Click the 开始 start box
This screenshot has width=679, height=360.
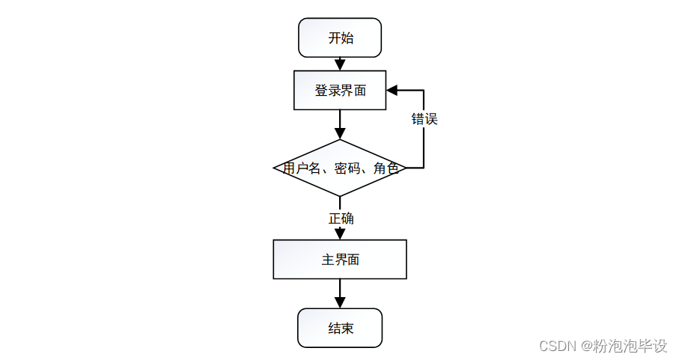[340, 38]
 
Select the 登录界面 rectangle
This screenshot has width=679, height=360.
[340, 91]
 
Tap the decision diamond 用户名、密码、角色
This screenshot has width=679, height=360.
[340, 168]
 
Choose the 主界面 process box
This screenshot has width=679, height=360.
[340, 260]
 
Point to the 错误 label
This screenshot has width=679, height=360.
[424, 119]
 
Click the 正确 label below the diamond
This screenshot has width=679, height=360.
[341, 219]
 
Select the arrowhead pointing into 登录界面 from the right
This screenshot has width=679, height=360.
[392, 91]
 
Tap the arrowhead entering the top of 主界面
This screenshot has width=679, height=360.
[340, 234]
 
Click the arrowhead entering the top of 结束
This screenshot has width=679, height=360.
[340, 302]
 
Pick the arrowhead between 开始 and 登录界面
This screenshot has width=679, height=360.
[340, 65]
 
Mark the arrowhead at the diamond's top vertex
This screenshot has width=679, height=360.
[340, 134]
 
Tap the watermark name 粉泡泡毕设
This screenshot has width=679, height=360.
[630, 347]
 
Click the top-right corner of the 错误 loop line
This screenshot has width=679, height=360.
[424, 91]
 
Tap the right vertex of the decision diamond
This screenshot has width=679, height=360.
[406, 168]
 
